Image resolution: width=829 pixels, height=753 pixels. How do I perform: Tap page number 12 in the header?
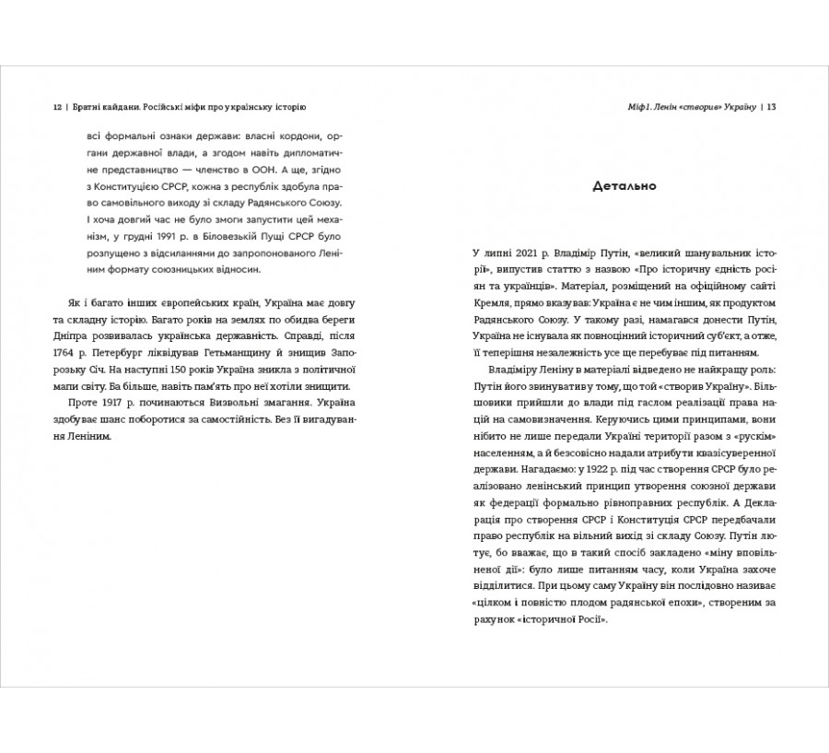coord(57,107)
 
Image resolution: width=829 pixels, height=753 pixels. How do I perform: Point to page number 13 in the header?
coord(772,107)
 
